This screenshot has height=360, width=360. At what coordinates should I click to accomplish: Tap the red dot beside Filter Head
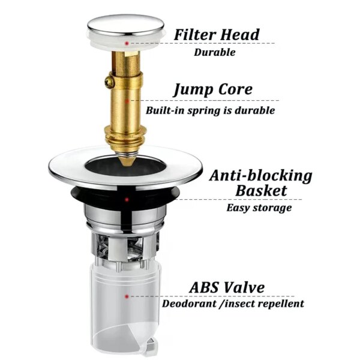coord(127,43)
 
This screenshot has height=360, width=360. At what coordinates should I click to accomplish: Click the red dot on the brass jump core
coord(127,101)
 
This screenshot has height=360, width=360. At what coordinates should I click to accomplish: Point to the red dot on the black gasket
coord(127,199)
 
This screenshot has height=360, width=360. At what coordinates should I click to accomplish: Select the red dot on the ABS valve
coord(127,296)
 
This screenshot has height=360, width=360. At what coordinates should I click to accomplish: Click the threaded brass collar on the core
coord(126,137)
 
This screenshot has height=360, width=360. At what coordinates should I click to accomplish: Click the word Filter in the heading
coord(194,34)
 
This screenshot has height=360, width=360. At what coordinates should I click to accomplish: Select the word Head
coord(239,34)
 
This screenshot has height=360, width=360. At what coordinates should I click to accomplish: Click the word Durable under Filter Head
coord(215,52)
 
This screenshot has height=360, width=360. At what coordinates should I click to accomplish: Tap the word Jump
coord(193,90)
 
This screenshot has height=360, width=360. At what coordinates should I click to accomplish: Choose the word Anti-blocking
coord(261,176)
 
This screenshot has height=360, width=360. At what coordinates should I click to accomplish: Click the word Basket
coord(261,191)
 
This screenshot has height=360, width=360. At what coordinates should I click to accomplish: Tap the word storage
coord(272,208)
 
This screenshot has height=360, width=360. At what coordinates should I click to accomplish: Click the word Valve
coord(245,287)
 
